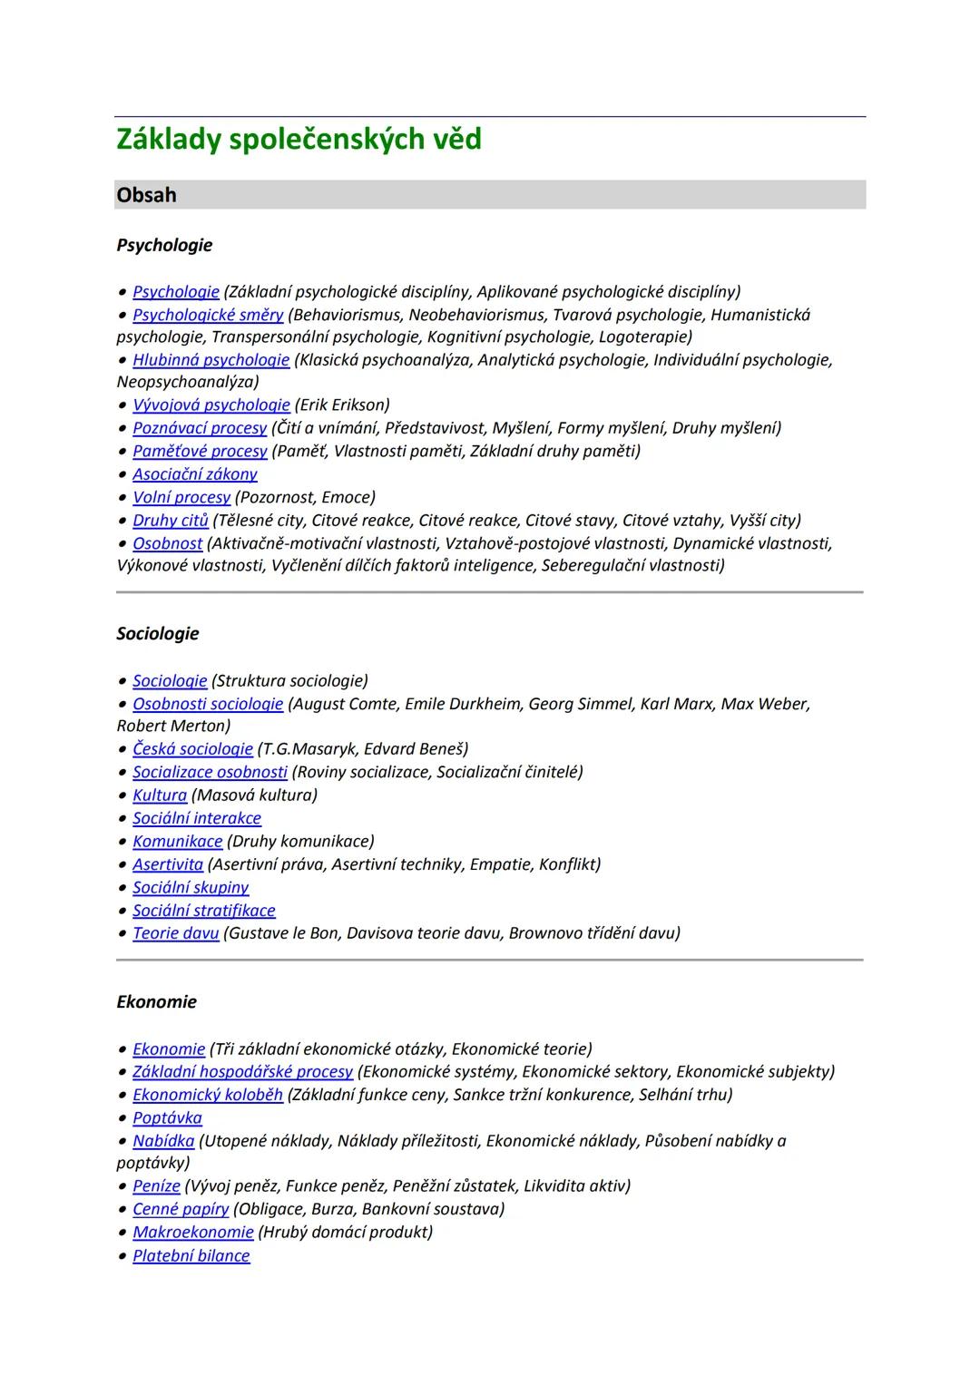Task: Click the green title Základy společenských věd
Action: click(299, 140)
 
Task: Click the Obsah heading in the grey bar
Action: click(147, 195)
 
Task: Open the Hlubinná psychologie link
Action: click(211, 360)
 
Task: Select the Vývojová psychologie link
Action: click(211, 405)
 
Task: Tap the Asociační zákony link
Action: click(194, 474)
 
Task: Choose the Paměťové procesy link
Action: click(200, 451)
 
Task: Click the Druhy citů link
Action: click(171, 521)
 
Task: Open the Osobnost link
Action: click(167, 543)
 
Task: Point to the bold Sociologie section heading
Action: click(158, 634)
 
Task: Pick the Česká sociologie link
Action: click(192, 749)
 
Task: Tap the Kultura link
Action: click(160, 795)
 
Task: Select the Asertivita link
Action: click(168, 864)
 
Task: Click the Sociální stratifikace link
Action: click(203, 911)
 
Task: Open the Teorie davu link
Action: click(175, 933)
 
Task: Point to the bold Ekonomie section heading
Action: click(156, 1002)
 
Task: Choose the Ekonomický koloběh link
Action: click(207, 1095)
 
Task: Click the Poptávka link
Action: click(167, 1118)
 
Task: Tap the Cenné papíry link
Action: click(181, 1209)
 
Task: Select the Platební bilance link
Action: click(191, 1256)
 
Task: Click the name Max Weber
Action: click(764, 704)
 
